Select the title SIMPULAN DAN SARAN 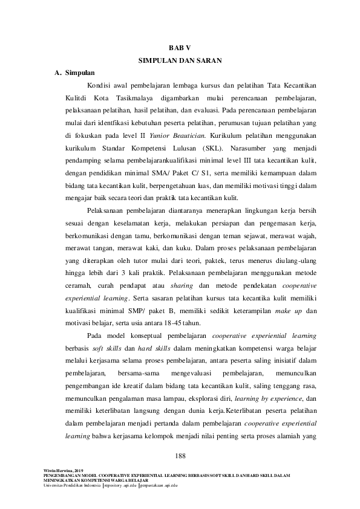(180, 60)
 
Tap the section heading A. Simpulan (74, 73)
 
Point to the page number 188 (180, 455)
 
